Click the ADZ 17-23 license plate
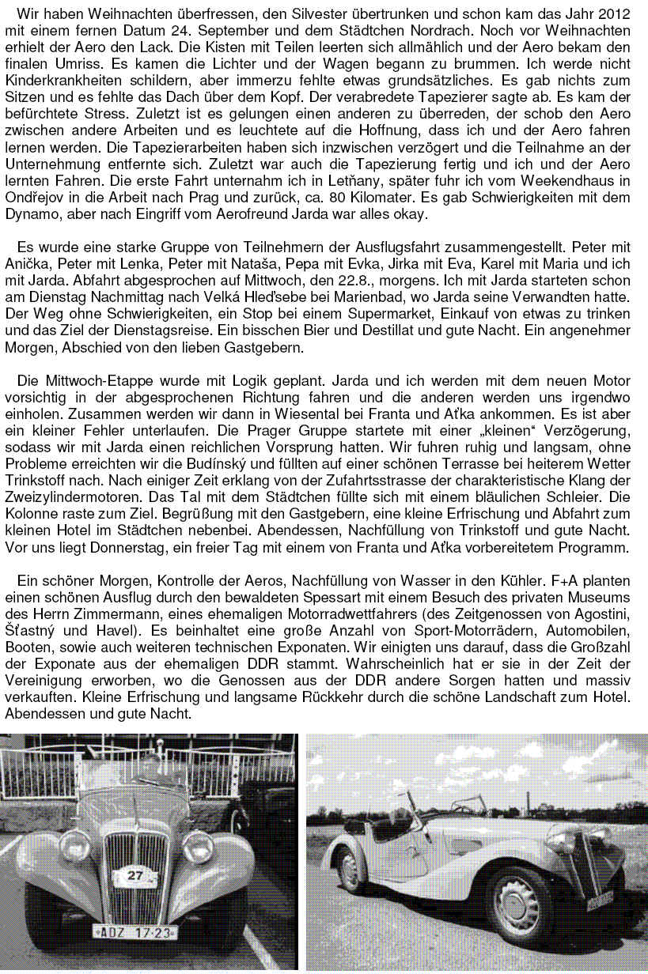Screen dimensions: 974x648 (x=135, y=932)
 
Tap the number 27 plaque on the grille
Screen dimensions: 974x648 (x=135, y=875)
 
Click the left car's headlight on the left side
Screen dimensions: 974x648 (x=75, y=845)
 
